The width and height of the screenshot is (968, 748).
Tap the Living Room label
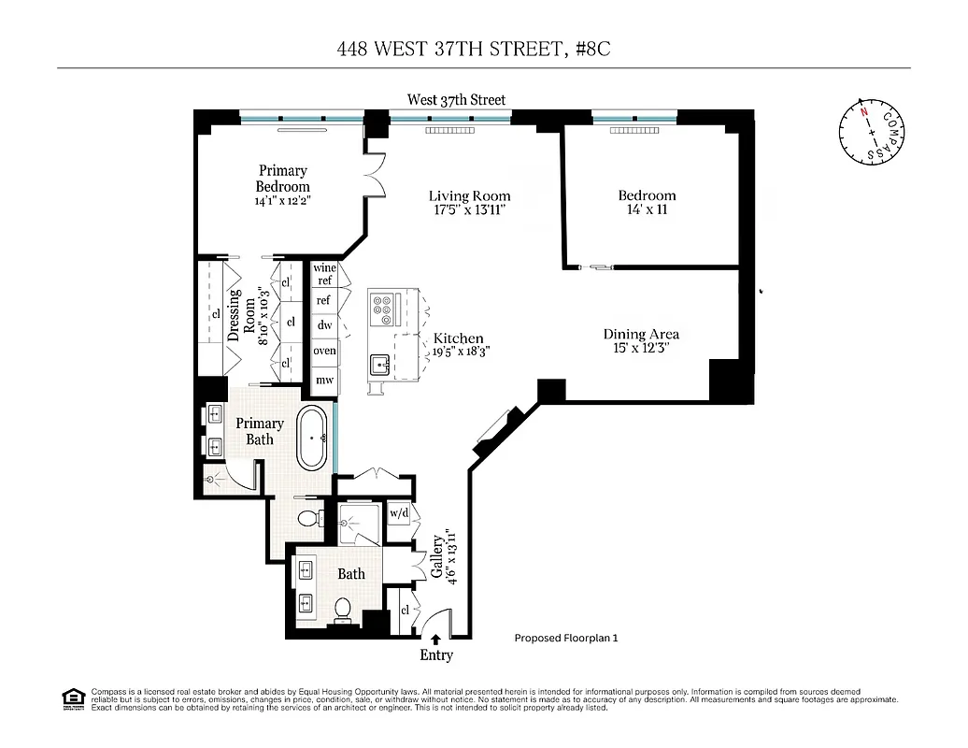[x=469, y=196]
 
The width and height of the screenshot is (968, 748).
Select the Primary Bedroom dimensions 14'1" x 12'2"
[x=282, y=200]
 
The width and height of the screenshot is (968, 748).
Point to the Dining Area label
[x=640, y=334]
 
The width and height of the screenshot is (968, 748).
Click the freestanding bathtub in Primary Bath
[x=314, y=438]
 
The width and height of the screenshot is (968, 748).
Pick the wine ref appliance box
[x=324, y=274]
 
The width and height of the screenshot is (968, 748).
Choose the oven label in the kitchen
[x=324, y=351]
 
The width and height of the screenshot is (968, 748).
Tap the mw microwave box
[x=324, y=380]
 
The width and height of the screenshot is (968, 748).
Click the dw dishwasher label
[x=324, y=325]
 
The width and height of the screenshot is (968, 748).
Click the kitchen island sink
[x=381, y=363]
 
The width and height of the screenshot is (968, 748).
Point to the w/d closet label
[x=399, y=513]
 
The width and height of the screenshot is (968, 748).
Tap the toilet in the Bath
[x=342, y=609]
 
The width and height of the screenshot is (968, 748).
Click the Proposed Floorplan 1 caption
[x=566, y=639]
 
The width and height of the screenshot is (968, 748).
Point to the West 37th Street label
[x=456, y=99]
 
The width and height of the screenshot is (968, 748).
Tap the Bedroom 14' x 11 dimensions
[x=647, y=210]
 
